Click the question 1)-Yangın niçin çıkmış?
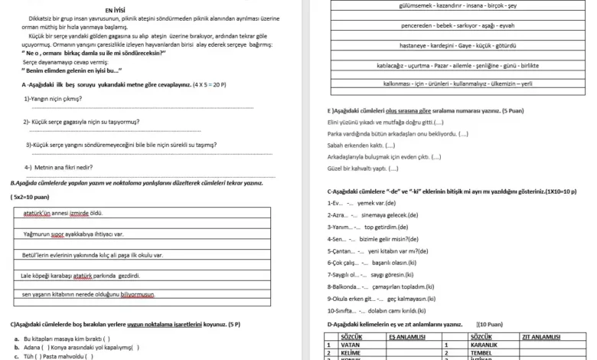tap(53, 98)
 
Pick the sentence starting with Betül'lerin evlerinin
tap(92, 254)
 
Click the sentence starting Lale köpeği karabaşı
tap(80, 274)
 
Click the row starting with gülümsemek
tap(447, 6)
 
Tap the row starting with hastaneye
tap(447, 46)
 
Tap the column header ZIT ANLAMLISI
tap(540, 336)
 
